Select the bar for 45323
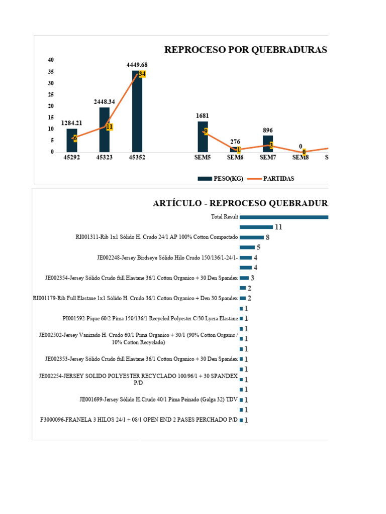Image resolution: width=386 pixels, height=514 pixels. click(x=105, y=130)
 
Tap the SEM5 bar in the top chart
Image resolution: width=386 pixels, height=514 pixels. click(x=203, y=137)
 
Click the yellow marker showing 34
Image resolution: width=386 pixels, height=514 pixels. click(x=142, y=74)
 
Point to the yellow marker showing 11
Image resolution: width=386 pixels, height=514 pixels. click(x=109, y=126)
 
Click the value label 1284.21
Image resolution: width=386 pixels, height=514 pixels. click(x=72, y=123)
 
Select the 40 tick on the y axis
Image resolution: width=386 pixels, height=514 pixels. click(x=50, y=60)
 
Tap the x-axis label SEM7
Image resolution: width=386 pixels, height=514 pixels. click(x=268, y=158)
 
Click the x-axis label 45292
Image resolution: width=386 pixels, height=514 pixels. click(x=72, y=158)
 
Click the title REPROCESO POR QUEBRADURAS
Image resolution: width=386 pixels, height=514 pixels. click(x=246, y=50)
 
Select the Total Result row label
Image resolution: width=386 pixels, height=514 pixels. click(x=224, y=217)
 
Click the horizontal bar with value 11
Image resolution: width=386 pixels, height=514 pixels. click(x=256, y=227)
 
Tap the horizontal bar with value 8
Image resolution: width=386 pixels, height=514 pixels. click(x=252, y=237)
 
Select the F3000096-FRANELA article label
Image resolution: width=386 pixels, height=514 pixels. click(x=138, y=420)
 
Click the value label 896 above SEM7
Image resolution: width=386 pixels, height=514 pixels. click(x=268, y=131)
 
